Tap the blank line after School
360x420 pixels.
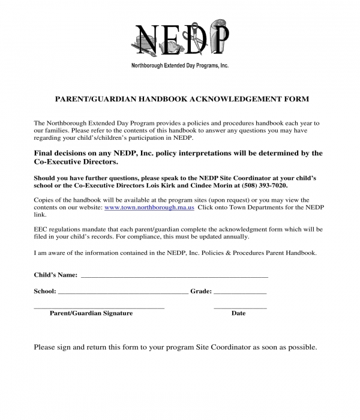pos(123,292)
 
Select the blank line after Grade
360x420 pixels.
pos(240,292)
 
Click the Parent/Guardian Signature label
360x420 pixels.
pos(91,313)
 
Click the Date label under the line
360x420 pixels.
pos(238,313)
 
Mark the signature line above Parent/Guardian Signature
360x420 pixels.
pos(99,308)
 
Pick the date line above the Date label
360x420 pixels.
pos(240,308)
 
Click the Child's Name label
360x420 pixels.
pos(55,275)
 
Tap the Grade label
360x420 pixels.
pos(201,291)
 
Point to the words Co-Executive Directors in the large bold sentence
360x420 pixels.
pos(76,162)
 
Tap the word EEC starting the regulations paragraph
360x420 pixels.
pos(41,229)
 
